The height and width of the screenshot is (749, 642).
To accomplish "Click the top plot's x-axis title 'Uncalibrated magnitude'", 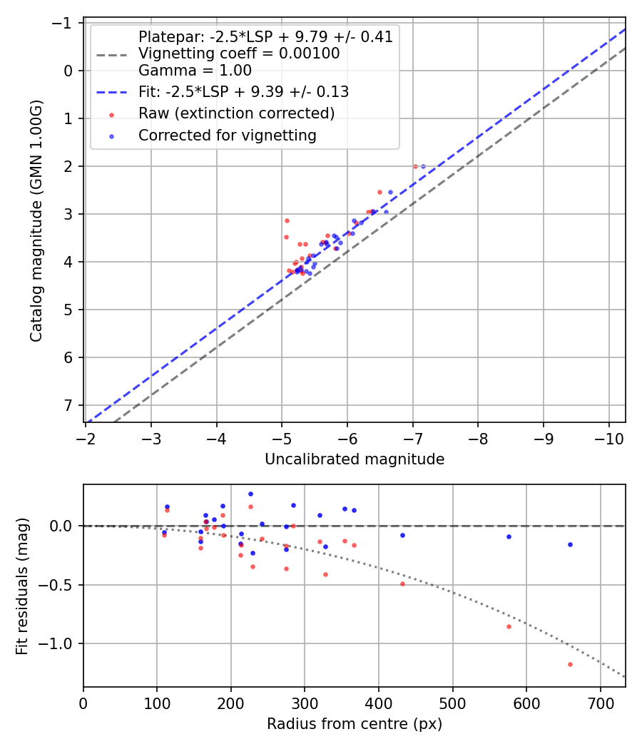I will (x=355, y=459).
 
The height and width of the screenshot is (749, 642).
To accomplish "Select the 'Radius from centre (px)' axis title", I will (x=355, y=724).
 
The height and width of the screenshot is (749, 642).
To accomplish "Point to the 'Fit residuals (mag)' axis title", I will (x=21, y=586).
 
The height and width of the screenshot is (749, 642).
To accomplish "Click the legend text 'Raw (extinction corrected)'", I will (x=236, y=113).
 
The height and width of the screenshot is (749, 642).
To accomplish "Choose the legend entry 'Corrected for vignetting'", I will (x=227, y=135).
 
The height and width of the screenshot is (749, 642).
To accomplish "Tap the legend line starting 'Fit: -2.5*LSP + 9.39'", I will (x=243, y=92).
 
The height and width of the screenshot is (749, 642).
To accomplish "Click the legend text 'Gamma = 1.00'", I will (x=195, y=70).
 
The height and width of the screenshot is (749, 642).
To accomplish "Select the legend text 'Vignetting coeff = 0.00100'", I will (x=239, y=53).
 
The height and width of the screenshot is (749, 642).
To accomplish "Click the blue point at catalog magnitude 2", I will (x=422, y=166).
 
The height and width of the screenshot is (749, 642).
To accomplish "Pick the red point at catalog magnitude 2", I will (x=415, y=166).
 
